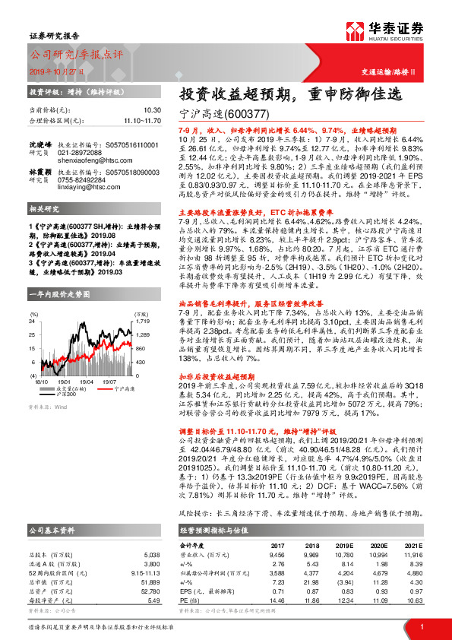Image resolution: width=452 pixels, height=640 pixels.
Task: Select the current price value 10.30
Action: [152, 110]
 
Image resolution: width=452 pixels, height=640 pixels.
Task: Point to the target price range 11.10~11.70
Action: [142, 120]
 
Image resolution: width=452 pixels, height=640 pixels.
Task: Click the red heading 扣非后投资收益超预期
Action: [216, 375]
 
